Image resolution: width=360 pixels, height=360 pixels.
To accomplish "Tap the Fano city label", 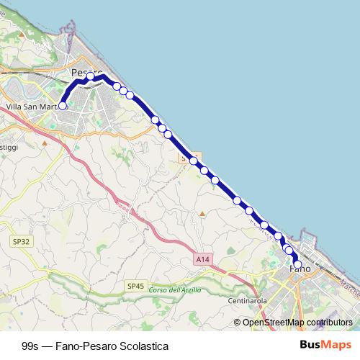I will (x=300, y=268).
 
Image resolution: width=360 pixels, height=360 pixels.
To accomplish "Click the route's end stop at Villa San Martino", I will (x=63, y=106).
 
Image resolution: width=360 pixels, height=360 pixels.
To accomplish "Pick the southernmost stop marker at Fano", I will (x=297, y=263).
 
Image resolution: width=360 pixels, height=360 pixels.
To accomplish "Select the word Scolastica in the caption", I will (x=144, y=346).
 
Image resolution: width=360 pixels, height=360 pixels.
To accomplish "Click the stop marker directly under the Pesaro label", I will (x=90, y=77).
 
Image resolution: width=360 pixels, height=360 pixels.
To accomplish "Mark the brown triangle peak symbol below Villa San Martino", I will (x=45, y=142).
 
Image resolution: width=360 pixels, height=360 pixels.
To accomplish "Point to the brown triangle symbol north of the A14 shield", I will (x=202, y=213).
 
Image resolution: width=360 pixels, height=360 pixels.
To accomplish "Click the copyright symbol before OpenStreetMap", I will (x=238, y=323).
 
